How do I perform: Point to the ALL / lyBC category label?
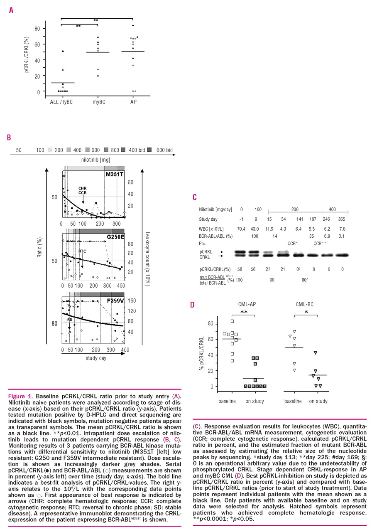[x=58, y=101]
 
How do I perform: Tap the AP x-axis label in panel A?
[x=132, y=101]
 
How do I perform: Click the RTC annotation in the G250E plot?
[x=82, y=251]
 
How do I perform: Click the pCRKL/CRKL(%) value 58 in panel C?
[x=240, y=269]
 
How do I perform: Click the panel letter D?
[x=192, y=305]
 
